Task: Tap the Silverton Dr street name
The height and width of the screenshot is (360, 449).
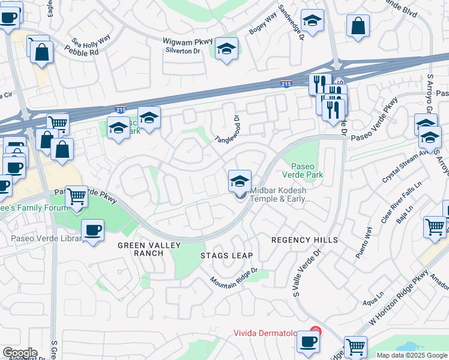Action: [x=182, y=51]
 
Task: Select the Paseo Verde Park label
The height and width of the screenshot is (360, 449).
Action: [x=307, y=170]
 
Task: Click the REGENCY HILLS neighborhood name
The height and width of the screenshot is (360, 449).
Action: [x=305, y=240]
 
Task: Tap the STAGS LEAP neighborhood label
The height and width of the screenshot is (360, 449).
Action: [x=226, y=256]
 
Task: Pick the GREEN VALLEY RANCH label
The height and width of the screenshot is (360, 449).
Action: [x=140, y=249]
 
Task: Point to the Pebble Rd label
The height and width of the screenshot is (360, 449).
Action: [x=85, y=53]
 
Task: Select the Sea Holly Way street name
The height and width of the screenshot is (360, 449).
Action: [x=91, y=41]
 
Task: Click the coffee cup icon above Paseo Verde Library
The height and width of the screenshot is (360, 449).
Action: [x=92, y=230]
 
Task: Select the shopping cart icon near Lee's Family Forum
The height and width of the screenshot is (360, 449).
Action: [x=76, y=196]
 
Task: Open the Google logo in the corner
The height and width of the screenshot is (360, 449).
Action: [x=20, y=352]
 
